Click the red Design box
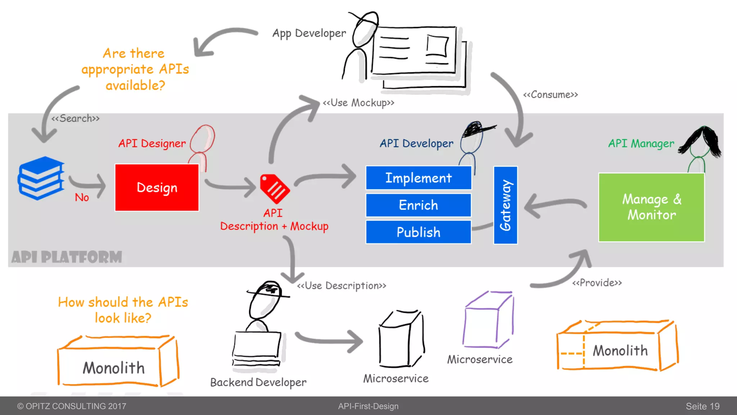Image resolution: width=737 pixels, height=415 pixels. tap(157, 187)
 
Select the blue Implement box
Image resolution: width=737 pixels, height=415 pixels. tap(419, 178)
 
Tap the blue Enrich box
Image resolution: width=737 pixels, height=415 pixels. tap(419, 205)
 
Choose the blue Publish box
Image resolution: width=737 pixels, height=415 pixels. tap(419, 232)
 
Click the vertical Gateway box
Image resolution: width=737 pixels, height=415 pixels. tap(505, 205)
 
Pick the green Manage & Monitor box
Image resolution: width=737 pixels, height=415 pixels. tap(651, 207)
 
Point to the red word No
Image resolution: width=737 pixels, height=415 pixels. tap(82, 197)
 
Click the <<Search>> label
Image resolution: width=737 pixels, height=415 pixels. tap(75, 119)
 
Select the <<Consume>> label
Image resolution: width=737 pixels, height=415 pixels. tap(550, 95)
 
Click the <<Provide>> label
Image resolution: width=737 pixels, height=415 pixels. tap(597, 283)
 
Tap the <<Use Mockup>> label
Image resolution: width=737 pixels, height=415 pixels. tap(358, 103)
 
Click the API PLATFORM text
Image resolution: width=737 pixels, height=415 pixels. tap(67, 257)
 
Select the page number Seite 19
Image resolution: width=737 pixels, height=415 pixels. tap(702, 406)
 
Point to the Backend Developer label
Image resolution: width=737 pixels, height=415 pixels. tap(258, 382)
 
